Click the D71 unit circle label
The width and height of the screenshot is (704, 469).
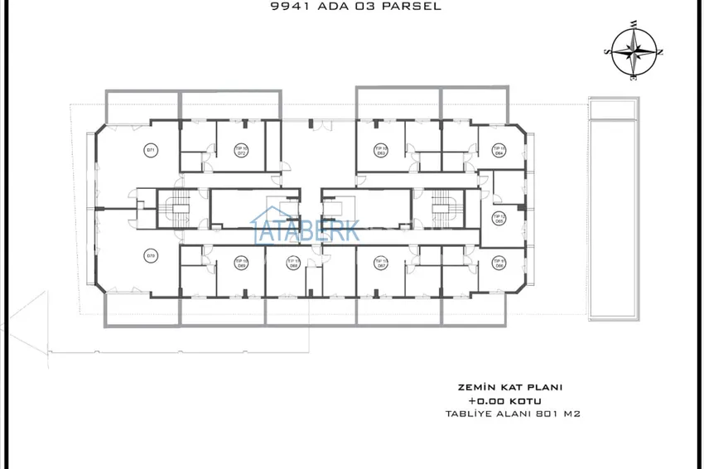tap(151, 150)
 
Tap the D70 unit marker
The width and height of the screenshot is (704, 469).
tap(151, 255)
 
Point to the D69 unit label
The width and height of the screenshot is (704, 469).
tap(241, 264)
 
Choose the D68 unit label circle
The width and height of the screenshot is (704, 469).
tap(292, 264)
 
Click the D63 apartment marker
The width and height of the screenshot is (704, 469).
tap(382, 151)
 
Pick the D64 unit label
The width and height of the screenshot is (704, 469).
tap(499, 151)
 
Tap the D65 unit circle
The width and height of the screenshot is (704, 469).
tap(499, 219)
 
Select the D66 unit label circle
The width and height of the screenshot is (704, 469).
tap(499, 264)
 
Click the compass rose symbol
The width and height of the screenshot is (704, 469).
tap(635, 51)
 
